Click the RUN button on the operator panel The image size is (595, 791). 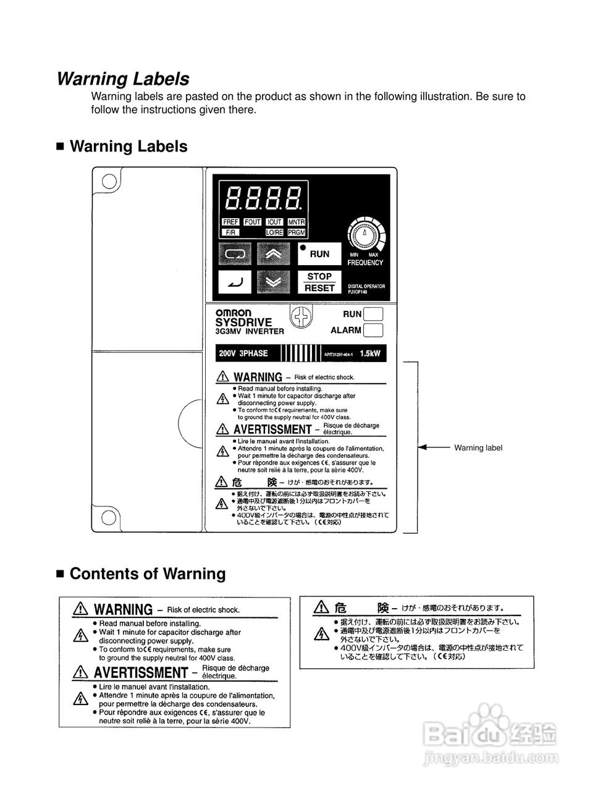point(319,253)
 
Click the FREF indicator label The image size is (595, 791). point(230,222)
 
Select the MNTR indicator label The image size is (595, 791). point(297,222)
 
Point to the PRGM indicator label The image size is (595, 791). point(297,232)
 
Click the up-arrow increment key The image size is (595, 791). point(273,253)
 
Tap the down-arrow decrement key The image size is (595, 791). point(273,282)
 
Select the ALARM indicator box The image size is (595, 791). point(373,330)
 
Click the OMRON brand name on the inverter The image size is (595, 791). point(234,313)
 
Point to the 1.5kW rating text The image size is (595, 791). point(369,354)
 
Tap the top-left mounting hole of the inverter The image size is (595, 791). point(109,181)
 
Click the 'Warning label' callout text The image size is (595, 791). point(478,447)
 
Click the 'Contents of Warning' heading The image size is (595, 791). point(148,573)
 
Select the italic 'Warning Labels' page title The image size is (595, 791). point(123,79)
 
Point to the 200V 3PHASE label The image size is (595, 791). point(243,353)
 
